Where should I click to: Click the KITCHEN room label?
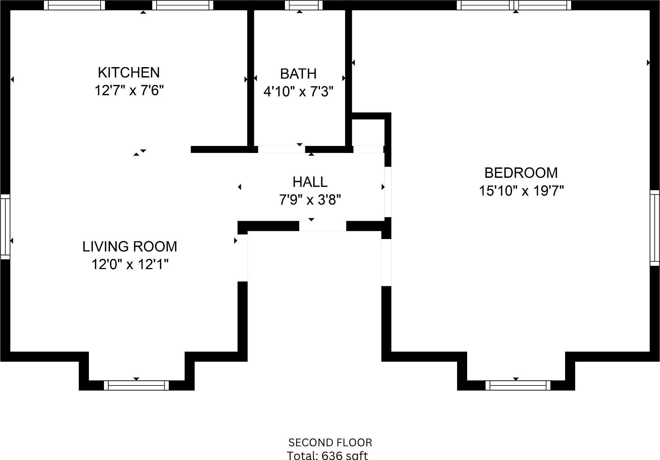129,72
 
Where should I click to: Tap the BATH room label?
298,74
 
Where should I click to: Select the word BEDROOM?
521,173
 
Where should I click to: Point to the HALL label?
310,182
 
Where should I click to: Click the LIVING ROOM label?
130,247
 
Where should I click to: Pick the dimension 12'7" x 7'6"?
129,91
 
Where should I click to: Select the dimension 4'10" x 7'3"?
298,92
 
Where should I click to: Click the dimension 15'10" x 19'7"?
521,191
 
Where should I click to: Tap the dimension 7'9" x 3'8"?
310,200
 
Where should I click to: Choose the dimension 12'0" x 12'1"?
130,264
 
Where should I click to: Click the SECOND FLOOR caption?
330,443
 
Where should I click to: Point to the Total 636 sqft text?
327,455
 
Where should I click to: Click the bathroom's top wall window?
304,5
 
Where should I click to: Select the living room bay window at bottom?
136,385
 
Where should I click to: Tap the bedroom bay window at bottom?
518,385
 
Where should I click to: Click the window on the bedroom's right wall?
655,228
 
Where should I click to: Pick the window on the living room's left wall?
5,227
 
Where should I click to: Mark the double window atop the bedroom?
514,5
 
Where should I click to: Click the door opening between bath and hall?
281,149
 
